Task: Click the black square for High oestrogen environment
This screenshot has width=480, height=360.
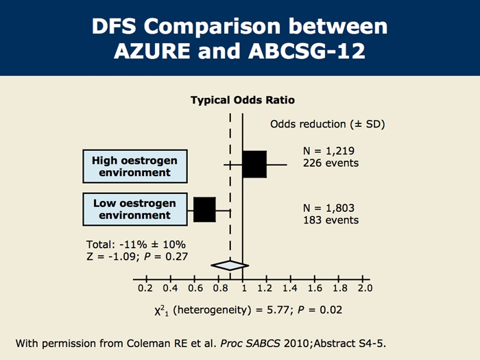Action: pos(254,165)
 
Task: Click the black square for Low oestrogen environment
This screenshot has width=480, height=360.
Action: pos(204,209)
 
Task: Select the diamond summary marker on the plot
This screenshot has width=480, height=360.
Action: pos(230,265)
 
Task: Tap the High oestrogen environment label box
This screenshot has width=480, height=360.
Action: pos(135,166)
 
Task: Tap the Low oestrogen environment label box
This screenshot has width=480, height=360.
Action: pos(135,209)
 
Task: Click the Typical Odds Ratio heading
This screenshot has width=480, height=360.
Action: pos(242,100)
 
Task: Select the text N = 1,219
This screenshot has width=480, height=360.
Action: pos(328,151)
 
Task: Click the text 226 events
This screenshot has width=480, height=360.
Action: pos(331,163)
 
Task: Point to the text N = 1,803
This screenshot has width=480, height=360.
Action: pos(329,207)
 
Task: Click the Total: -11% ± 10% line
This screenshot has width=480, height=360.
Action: pos(136,244)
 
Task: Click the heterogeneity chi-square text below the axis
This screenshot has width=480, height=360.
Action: pos(248,311)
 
